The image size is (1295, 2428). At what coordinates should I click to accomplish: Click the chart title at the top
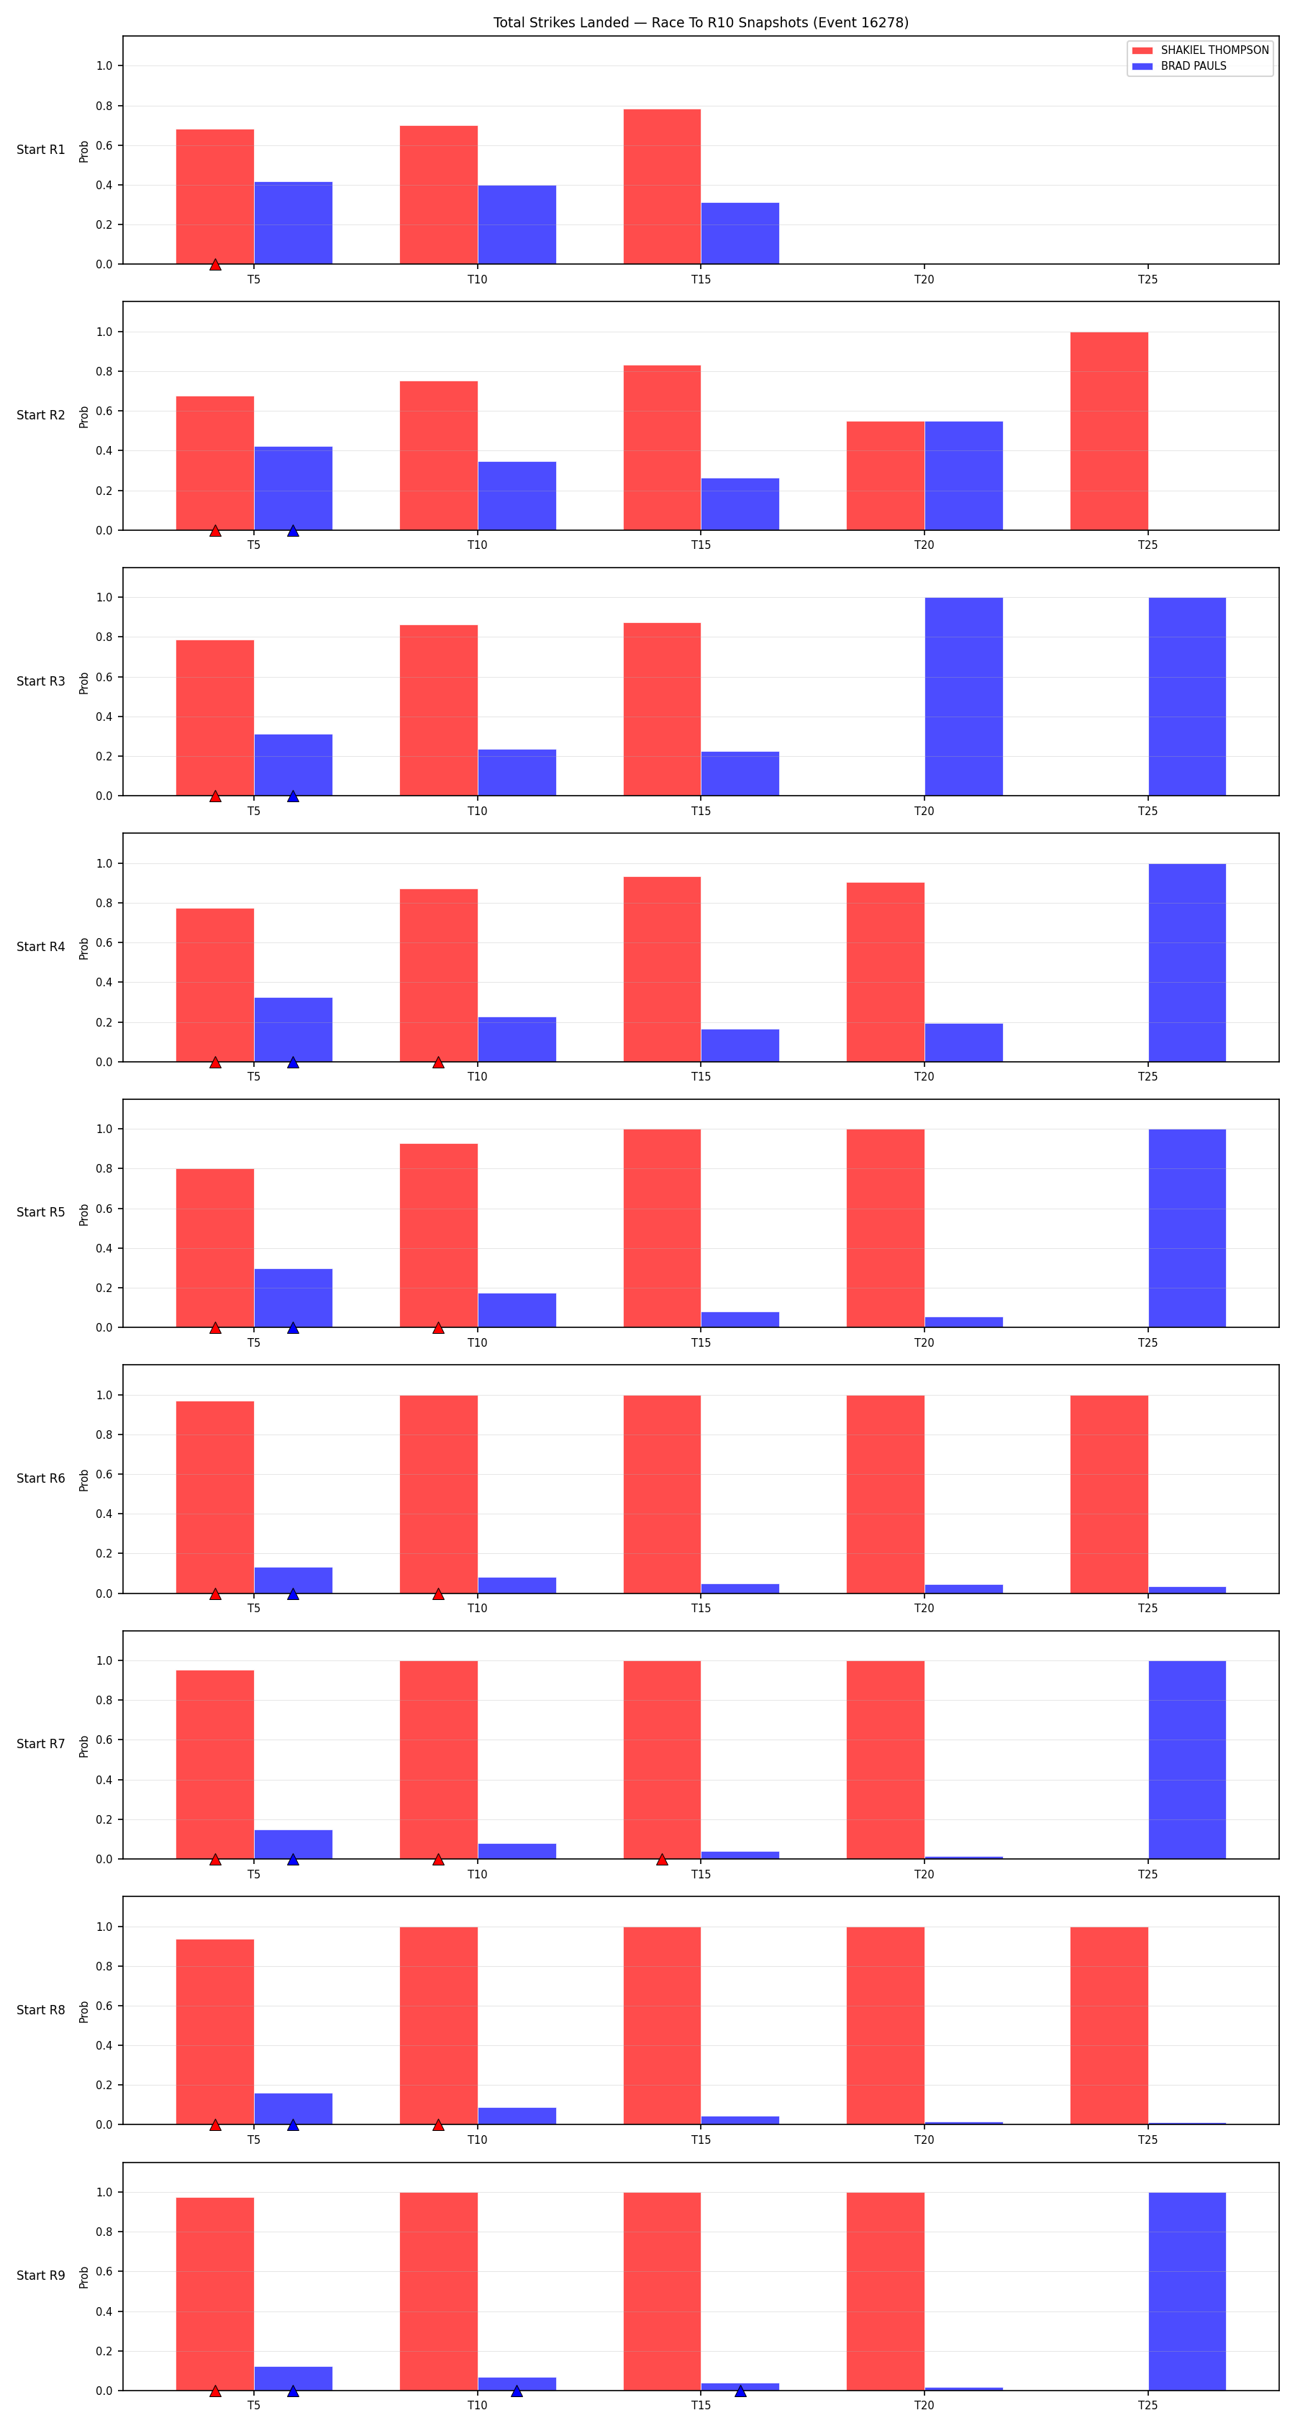click(700, 22)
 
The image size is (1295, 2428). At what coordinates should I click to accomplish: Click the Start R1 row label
click(40, 150)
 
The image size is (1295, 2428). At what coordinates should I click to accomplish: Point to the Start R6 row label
click(40, 1478)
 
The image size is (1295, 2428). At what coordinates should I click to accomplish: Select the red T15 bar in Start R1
click(662, 186)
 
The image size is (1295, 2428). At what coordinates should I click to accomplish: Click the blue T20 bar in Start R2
click(963, 475)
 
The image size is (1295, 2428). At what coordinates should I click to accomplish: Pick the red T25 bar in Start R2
click(1109, 431)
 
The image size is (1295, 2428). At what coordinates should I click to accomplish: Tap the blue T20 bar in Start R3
click(963, 696)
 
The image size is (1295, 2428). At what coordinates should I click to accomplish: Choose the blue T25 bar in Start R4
click(1186, 963)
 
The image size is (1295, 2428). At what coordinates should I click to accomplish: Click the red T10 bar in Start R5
click(438, 1236)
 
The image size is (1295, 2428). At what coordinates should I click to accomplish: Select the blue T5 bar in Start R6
click(293, 1580)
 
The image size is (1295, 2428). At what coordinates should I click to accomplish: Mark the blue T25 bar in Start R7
click(1186, 1760)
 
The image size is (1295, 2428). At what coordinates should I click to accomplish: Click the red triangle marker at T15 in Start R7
click(662, 1859)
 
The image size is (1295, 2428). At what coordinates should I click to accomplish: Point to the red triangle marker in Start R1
click(215, 265)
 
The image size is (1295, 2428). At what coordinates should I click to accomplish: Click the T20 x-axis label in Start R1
click(924, 279)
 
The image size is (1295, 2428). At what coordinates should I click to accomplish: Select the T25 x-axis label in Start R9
click(1147, 2404)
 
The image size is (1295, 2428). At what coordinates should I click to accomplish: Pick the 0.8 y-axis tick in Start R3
click(104, 637)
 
